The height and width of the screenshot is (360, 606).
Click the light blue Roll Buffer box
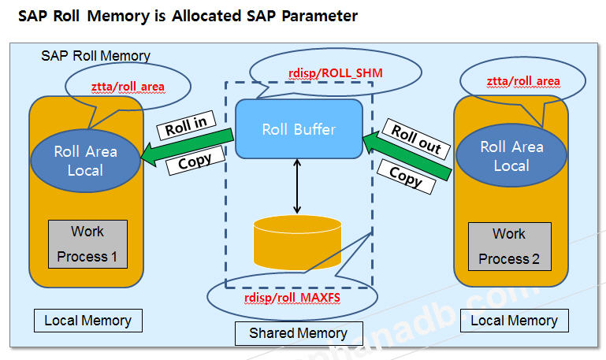point(299,128)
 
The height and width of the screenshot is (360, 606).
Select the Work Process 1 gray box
point(87,244)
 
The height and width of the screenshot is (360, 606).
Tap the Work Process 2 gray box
point(508,246)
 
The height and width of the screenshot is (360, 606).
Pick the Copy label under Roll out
point(406,176)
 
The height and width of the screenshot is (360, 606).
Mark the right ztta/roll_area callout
point(523,81)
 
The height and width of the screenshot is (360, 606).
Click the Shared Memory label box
point(299,333)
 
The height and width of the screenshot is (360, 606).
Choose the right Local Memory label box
point(514,321)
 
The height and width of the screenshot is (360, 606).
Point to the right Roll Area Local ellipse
point(511,155)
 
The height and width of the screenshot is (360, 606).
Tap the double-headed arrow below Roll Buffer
point(297,186)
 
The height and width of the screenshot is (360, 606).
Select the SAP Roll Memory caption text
point(95,56)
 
